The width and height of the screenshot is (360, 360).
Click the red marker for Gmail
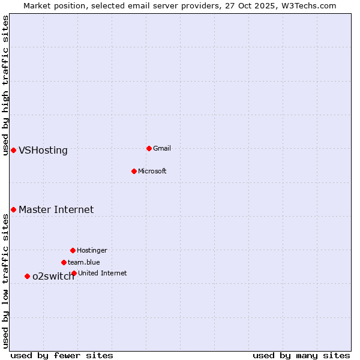pos(149,148)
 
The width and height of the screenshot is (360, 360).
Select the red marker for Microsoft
pos(134,171)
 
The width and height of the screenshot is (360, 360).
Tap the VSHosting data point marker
pos(13,150)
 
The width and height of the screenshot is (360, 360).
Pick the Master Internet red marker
pos(13,209)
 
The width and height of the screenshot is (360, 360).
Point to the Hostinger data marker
pos(73,250)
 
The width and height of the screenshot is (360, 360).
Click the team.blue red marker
pos(64,262)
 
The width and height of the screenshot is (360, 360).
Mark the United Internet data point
pos(74,273)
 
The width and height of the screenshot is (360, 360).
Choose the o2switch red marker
pos(27,276)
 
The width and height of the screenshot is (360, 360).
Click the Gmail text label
pos(162,148)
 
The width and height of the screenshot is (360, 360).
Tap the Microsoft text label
pos(152,171)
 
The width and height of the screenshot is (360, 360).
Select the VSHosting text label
pos(43,151)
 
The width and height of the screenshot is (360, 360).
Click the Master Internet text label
pos(56,210)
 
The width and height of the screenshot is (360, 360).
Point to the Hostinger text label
pos(92,250)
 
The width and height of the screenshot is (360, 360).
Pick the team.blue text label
pos(84,262)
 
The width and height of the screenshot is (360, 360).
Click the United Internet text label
pos(102,273)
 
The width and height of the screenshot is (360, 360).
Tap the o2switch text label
pos(53,277)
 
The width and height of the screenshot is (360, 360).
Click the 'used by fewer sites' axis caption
pos(62,355)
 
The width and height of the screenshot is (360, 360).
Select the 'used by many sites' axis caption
pos(301,355)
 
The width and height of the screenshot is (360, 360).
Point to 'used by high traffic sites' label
pos(5,85)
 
